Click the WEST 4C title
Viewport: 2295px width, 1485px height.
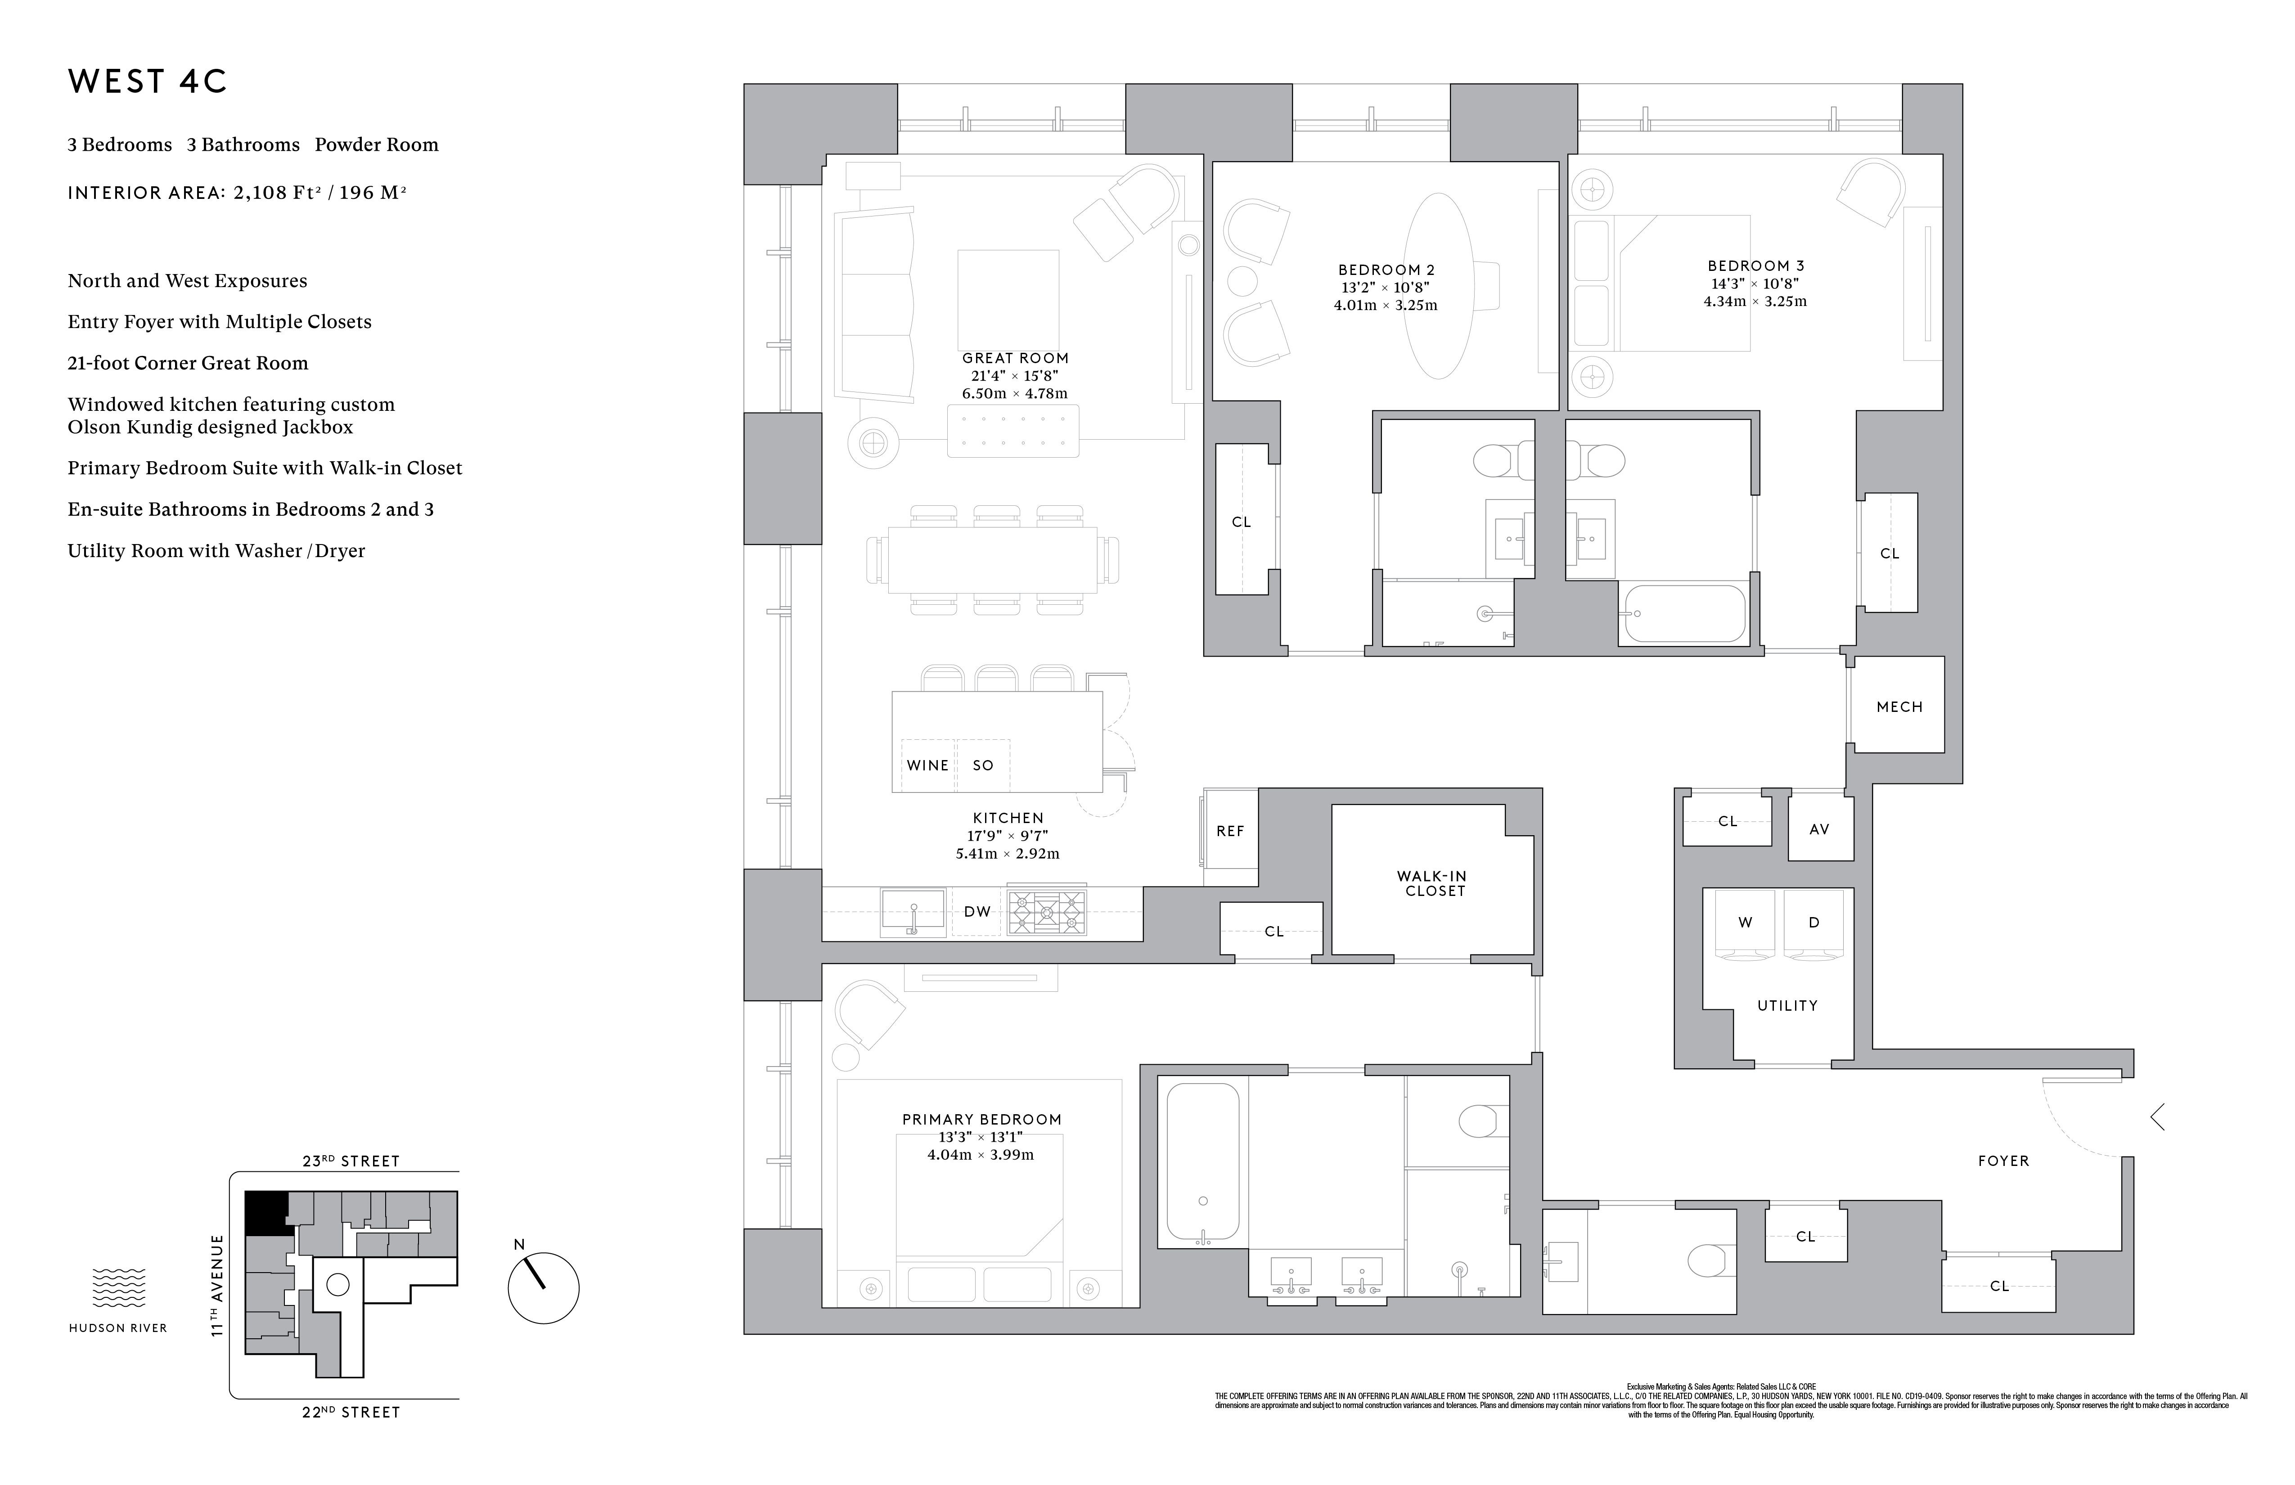148,82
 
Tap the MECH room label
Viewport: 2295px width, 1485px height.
1899,707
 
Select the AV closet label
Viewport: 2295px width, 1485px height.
1818,829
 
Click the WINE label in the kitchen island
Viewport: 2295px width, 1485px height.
927,765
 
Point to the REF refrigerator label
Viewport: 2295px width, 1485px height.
1229,831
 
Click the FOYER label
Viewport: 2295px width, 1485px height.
2003,1161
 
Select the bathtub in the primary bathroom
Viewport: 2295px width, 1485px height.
1202,1162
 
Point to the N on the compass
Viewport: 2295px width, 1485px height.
519,1245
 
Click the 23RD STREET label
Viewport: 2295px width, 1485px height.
351,1161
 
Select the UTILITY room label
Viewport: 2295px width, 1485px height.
1787,1006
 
